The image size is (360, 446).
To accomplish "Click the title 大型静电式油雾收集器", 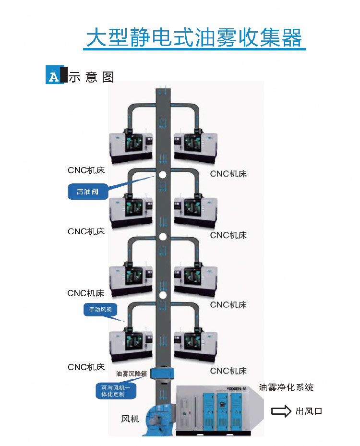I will pos(194,38).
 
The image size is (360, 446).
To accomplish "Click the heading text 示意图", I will pos(91,77).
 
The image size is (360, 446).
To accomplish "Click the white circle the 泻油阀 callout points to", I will pos(163,175).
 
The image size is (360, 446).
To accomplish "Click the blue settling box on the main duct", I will pos(162,373).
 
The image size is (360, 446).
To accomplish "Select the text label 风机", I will pos(130,419).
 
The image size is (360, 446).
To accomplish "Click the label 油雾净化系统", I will pos(286,387).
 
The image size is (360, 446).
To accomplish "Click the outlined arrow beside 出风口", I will pos(281,411).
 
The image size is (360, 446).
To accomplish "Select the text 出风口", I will pos(309,411).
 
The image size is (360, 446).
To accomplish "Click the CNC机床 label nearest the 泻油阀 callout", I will pos(86,169).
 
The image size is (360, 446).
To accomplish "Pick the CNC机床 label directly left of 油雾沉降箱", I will pos(86,367).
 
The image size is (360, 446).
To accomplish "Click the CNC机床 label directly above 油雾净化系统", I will pos(228,371).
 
